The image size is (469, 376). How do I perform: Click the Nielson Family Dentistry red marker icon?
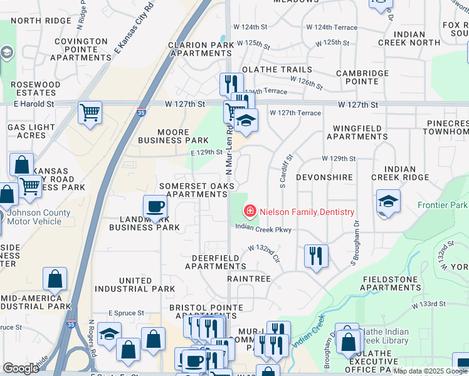pos(250,211)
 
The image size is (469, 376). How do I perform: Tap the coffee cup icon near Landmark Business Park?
pos(155,206)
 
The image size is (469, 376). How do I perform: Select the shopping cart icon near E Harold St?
pos(90,113)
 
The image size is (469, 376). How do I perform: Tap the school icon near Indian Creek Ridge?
pos(389,202)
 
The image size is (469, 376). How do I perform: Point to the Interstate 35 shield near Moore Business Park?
pos(140,113)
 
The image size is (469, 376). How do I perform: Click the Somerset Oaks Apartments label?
pos(197,190)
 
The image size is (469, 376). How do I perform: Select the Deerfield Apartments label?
pos(216,262)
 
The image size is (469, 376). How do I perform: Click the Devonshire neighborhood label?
pos(324,177)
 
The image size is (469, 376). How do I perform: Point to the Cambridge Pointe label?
pos(362,77)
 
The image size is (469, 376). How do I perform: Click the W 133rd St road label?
pos(428,305)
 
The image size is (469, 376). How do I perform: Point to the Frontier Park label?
pos(443,206)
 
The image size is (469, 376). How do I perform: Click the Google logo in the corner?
pos(21,368)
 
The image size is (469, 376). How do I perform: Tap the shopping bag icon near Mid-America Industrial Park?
pos(55,279)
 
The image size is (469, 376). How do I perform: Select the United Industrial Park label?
pos(135,285)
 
